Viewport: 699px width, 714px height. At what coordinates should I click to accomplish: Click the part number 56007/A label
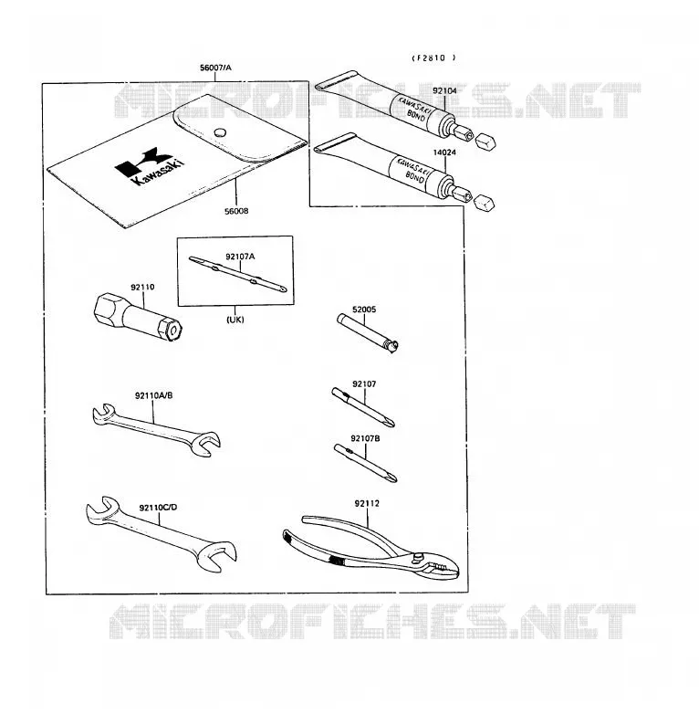click(x=215, y=68)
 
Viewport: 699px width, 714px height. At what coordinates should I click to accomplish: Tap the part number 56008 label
click(x=236, y=211)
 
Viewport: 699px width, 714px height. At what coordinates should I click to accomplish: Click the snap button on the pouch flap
click(x=220, y=132)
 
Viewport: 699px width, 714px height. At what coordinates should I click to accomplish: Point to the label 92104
click(x=444, y=90)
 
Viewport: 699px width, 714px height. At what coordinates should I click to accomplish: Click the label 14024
click(x=444, y=152)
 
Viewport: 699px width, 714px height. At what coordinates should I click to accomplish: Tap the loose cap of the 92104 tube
click(x=485, y=142)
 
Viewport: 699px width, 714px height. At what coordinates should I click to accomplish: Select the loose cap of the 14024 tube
click(x=485, y=203)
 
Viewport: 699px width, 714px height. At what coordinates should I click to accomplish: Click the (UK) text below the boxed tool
click(x=235, y=320)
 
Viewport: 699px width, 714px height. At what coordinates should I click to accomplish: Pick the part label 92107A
click(x=240, y=257)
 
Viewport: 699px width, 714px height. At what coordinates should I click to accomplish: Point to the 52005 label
click(x=364, y=310)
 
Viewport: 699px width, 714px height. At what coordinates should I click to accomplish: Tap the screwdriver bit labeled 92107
click(x=362, y=407)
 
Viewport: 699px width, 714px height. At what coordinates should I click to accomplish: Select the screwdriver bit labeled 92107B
click(x=365, y=463)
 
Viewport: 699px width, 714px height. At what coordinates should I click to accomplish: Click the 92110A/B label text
click(x=154, y=395)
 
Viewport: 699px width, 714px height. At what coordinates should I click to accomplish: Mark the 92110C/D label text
click(x=159, y=508)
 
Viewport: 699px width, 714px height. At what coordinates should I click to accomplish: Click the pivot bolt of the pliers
click(x=416, y=556)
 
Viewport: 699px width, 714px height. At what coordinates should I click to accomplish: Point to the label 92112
click(x=367, y=504)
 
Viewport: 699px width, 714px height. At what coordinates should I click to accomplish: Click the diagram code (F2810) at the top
click(x=433, y=58)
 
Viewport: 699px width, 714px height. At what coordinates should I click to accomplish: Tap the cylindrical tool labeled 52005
click(x=368, y=332)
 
